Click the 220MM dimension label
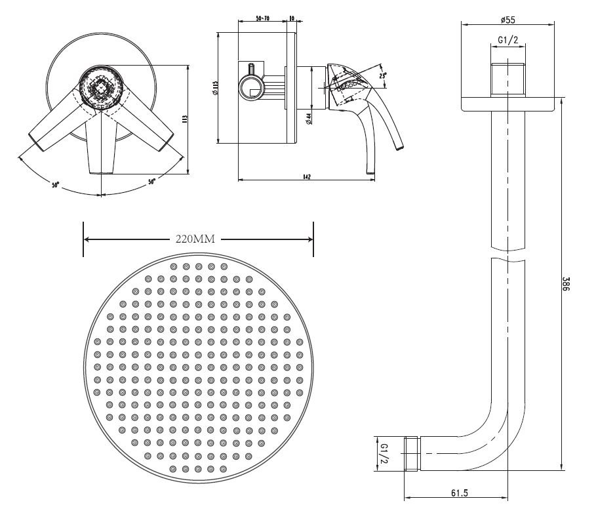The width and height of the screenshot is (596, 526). (195, 239)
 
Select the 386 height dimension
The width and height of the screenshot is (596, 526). (566, 283)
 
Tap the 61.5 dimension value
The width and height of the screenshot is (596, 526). (459, 493)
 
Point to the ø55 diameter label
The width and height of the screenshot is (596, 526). (507, 20)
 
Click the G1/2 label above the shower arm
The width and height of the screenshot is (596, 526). (508, 40)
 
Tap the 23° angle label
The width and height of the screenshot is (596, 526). (384, 77)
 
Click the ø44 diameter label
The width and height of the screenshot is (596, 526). (308, 118)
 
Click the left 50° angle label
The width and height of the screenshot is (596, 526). (56, 185)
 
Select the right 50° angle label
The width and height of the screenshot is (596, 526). (151, 182)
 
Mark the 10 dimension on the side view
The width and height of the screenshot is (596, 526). (292, 20)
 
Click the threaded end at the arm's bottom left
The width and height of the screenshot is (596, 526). (412, 453)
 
